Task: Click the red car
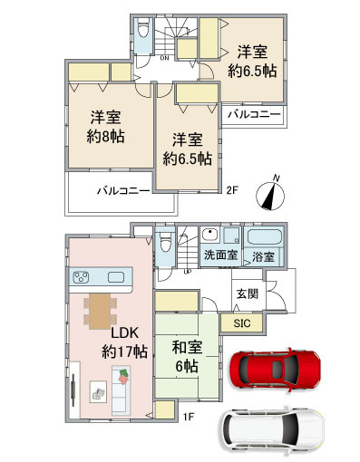click(x=275, y=370)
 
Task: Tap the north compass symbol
click(x=270, y=193)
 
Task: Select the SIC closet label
click(x=242, y=323)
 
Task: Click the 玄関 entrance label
click(x=248, y=294)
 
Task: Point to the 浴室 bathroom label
click(x=264, y=257)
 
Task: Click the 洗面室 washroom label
click(x=220, y=255)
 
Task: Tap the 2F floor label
click(x=233, y=190)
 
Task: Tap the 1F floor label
click(x=188, y=417)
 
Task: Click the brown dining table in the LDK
click(x=100, y=311)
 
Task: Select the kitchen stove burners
click(x=82, y=277)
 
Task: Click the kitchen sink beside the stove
click(x=116, y=277)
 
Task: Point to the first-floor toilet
click(x=165, y=243)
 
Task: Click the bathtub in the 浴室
click(x=265, y=237)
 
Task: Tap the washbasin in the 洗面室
click(x=210, y=235)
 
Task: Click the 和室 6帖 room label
click(x=187, y=357)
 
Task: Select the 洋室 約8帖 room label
click(x=105, y=127)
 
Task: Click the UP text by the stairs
click(x=188, y=272)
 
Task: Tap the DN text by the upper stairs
click(x=164, y=58)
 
